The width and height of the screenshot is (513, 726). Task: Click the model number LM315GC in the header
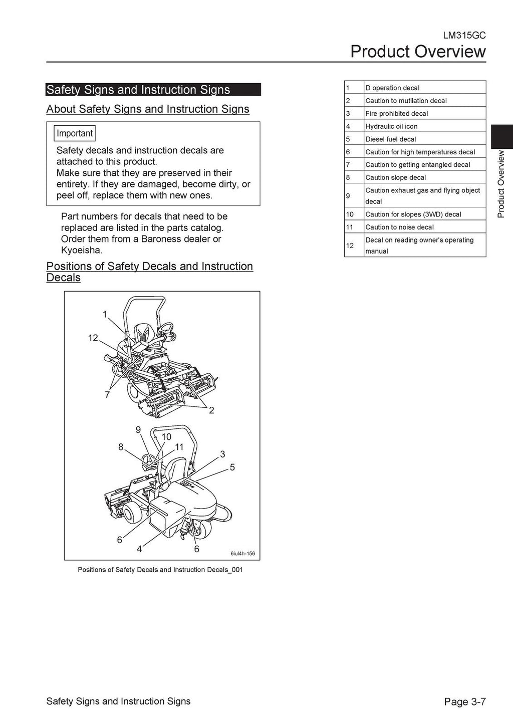(x=464, y=36)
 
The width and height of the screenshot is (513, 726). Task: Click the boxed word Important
(x=75, y=133)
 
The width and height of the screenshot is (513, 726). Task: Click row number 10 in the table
(x=350, y=214)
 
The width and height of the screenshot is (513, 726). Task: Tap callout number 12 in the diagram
(x=93, y=338)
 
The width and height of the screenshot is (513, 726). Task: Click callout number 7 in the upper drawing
(x=107, y=395)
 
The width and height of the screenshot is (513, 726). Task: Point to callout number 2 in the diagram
(x=211, y=410)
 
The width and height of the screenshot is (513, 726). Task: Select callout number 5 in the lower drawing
(x=232, y=467)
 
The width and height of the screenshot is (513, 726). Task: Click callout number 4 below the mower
(x=139, y=549)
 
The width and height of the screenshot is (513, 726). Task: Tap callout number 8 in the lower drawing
(x=121, y=447)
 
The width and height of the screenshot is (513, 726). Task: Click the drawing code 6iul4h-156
(x=242, y=554)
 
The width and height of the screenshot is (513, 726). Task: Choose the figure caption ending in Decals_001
(x=160, y=570)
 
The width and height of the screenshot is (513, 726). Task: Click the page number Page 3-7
(x=465, y=702)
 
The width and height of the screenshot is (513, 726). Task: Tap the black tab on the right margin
(x=501, y=136)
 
